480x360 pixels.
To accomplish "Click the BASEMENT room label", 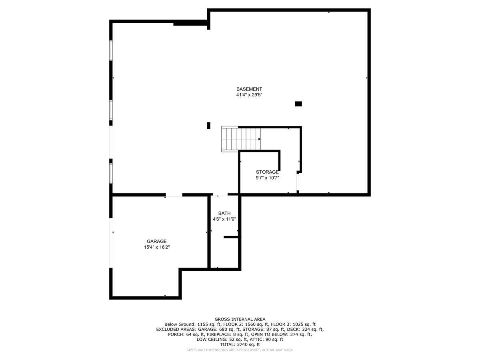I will pyautogui.click(x=249, y=89).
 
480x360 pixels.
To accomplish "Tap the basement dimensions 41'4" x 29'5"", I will pyautogui.click(x=249, y=95).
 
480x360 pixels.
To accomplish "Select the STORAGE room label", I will pyautogui.click(x=267, y=172).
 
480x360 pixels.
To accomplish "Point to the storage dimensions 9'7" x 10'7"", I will pyautogui.click(x=267, y=178).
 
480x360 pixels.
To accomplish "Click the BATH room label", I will pyautogui.click(x=224, y=213).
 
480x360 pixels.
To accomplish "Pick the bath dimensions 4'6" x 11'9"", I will pyautogui.click(x=224, y=219).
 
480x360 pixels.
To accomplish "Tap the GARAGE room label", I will pyautogui.click(x=156, y=241).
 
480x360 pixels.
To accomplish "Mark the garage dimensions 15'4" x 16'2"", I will pyautogui.click(x=156, y=247).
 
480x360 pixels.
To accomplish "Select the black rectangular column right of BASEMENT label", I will pyautogui.click(x=298, y=104).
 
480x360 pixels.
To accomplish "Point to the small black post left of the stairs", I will pyautogui.click(x=208, y=126).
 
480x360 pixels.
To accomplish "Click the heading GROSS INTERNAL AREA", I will pyautogui.click(x=240, y=319).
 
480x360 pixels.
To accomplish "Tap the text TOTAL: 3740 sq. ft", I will pyautogui.click(x=240, y=344).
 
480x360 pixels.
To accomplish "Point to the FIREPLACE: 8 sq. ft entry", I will pyautogui.click(x=226, y=334).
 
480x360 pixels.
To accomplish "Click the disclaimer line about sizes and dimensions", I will pyautogui.click(x=240, y=350).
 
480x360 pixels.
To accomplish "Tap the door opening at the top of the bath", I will pyautogui.click(x=221, y=195).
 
